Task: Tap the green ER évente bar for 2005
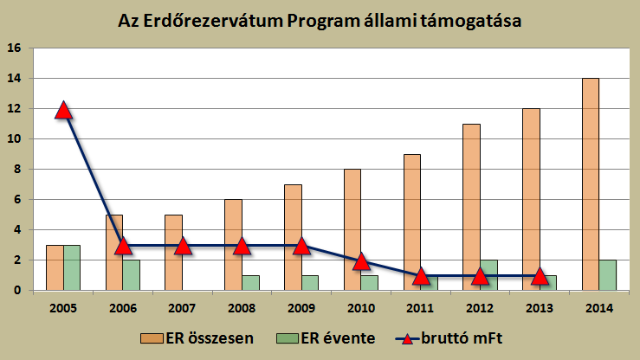(72, 267)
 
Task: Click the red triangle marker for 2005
(62, 110)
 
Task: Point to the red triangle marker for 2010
(360, 261)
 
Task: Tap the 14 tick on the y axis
(15, 79)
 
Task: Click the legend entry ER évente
(331, 338)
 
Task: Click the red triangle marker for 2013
(539, 277)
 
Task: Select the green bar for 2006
(132, 275)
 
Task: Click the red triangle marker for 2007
(182, 247)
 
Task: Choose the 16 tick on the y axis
(15, 48)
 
